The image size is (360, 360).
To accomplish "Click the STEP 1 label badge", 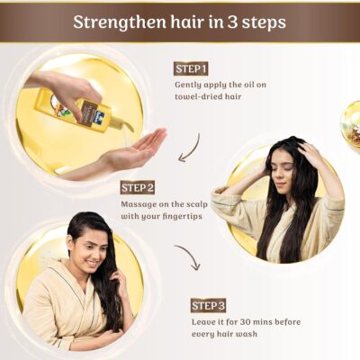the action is point(191,69).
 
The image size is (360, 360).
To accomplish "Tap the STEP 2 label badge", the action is point(138,187).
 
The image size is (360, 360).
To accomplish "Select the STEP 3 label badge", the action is point(208,305).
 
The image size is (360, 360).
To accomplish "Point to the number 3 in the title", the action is point(232,22).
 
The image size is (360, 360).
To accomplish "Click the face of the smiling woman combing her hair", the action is point(93,250).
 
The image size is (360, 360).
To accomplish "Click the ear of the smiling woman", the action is point(71,243).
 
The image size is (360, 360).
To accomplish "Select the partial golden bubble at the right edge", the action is point(351,120).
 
